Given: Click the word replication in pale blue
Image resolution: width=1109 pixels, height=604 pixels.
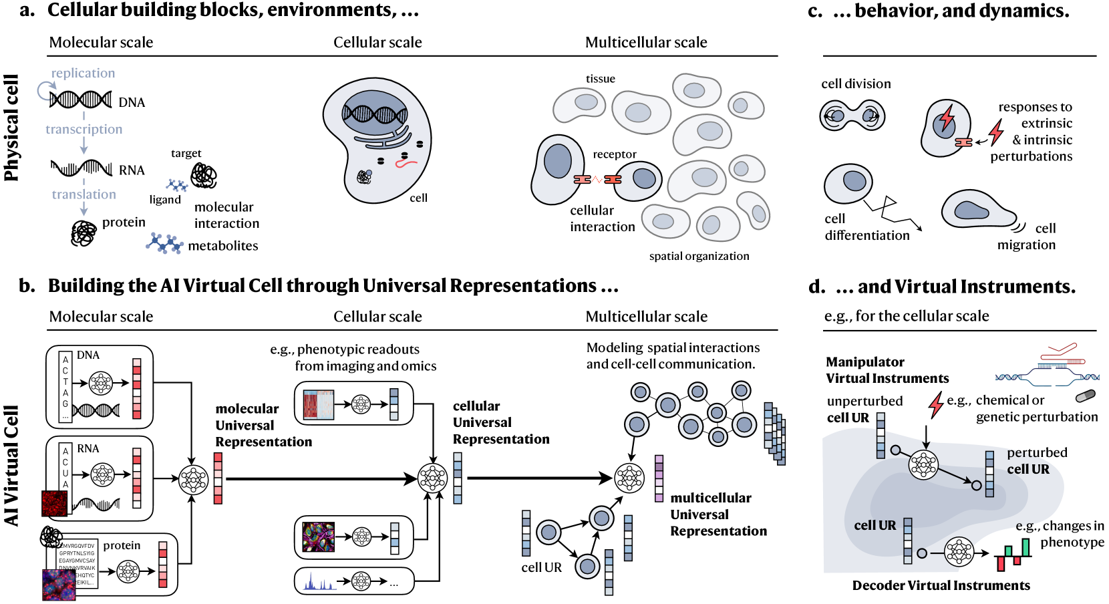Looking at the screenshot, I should pyautogui.click(x=83, y=73).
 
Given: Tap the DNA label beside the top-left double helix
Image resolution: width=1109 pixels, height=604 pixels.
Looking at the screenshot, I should pyautogui.click(x=132, y=102).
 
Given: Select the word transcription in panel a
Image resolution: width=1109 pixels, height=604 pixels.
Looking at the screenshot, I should pyautogui.click(x=84, y=129).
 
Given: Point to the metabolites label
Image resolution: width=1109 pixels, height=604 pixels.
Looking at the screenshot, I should pyautogui.click(x=222, y=246).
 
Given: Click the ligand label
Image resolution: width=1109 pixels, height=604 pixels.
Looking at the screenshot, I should pyautogui.click(x=165, y=199).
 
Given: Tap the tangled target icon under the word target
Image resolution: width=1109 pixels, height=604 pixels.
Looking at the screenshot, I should pyautogui.click(x=203, y=176).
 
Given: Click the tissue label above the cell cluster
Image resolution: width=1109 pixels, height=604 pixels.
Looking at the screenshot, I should pyautogui.click(x=600, y=79).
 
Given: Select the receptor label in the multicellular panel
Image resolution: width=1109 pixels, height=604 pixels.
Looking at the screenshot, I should pyautogui.click(x=615, y=154).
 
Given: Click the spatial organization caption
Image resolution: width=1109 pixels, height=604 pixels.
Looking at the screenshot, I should pyautogui.click(x=699, y=256).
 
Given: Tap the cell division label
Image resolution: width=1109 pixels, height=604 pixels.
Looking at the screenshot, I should pyautogui.click(x=856, y=84).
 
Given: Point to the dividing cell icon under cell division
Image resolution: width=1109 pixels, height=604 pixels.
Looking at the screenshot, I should pyautogui.click(x=852, y=116).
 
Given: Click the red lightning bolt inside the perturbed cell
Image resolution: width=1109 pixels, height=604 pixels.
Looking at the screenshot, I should pyautogui.click(x=946, y=119).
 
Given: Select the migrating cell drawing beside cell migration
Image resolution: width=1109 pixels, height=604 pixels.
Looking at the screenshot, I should pyautogui.click(x=977, y=210).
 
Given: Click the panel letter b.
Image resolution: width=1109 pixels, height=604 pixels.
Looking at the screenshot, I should pyautogui.click(x=27, y=286).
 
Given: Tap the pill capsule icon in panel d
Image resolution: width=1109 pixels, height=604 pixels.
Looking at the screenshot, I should pyautogui.click(x=1086, y=396).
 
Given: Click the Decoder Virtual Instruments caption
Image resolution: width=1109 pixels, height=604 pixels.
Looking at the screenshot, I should pyautogui.click(x=941, y=585).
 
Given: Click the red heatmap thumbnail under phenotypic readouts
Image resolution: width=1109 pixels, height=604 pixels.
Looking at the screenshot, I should pyautogui.click(x=318, y=405).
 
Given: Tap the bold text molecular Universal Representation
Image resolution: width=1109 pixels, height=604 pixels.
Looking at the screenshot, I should pyautogui.click(x=263, y=425).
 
